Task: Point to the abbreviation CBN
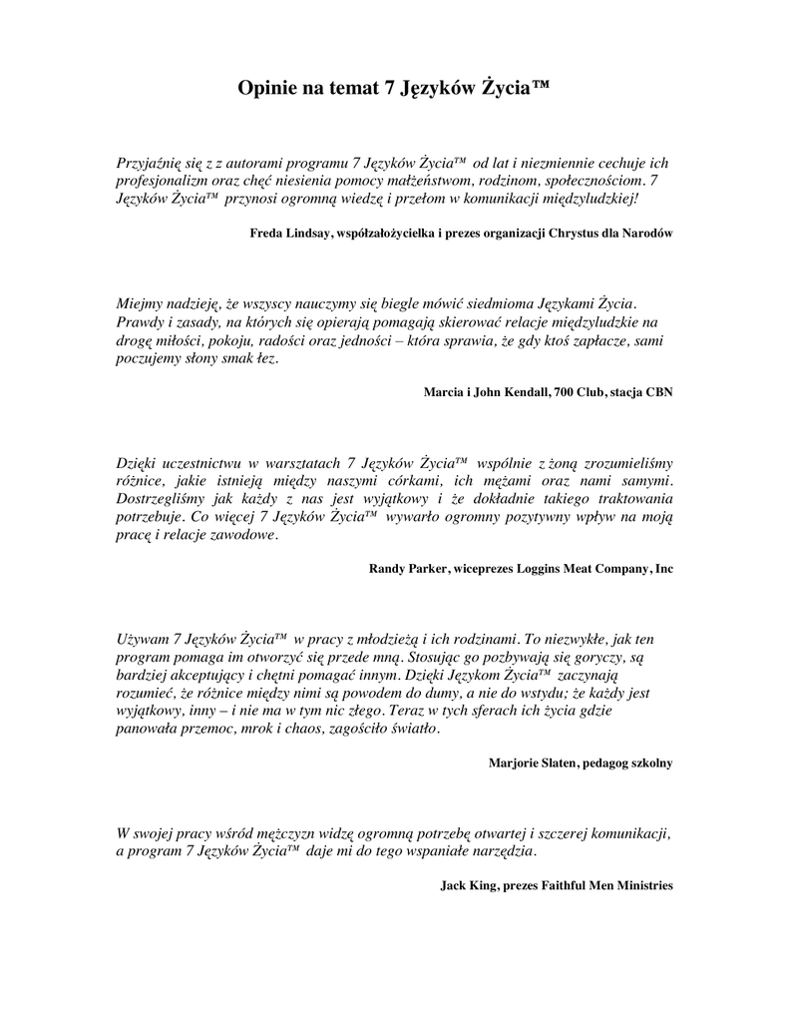click(x=657, y=392)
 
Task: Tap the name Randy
click(x=387, y=568)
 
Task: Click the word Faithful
click(x=573, y=885)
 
